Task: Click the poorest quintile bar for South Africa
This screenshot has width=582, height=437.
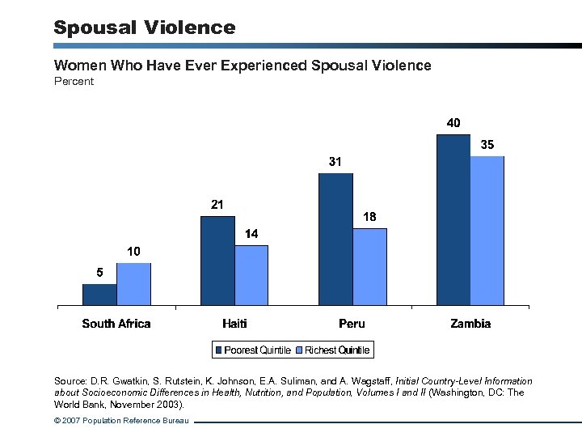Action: [x=99, y=295]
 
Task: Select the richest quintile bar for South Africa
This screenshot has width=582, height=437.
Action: [x=133, y=284]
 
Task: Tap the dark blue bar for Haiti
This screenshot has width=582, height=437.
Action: [x=217, y=261]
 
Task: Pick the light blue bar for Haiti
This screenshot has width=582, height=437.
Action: [x=251, y=275]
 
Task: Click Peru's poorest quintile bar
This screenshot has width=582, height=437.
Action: [x=335, y=240]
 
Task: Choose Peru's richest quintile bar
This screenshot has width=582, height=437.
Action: [x=369, y=267]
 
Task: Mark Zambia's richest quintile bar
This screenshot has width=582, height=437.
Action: [x=487, y=231]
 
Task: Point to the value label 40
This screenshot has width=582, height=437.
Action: [x=453, y=123]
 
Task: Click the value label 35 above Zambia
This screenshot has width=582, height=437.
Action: [x=487, y=145]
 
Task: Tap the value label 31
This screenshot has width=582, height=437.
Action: [x=335, y=162]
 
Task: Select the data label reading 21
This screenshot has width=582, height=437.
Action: [x=217, y=205]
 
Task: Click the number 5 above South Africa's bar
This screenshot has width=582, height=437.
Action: [x=99, y=273]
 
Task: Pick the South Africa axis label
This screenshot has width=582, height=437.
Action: [x=116, y=324]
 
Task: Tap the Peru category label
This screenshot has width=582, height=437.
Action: [x=352, y=324]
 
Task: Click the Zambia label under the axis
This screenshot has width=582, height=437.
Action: [x=470, y=324]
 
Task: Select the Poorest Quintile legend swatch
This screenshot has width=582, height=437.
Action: [x=219, y=350]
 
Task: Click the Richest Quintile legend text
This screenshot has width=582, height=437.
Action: [x=336, y=350]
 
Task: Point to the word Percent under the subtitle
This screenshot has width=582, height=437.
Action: [x=74, y=82]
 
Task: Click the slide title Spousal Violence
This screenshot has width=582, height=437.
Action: [x=145, y=28]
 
